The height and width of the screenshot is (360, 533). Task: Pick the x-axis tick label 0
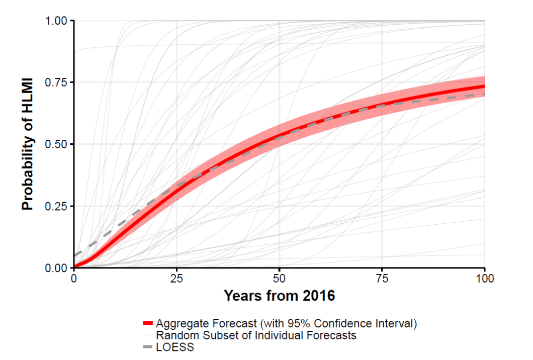74,278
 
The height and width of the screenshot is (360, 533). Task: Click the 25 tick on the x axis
176,278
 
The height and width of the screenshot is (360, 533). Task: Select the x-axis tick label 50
280,278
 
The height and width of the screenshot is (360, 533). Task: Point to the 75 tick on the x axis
382,278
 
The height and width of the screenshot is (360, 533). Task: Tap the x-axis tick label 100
485,278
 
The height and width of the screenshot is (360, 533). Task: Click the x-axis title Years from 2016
279,296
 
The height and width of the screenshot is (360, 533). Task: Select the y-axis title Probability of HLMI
28,145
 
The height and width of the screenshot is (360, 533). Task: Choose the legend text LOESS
175,347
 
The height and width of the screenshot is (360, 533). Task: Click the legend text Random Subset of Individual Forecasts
256,335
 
